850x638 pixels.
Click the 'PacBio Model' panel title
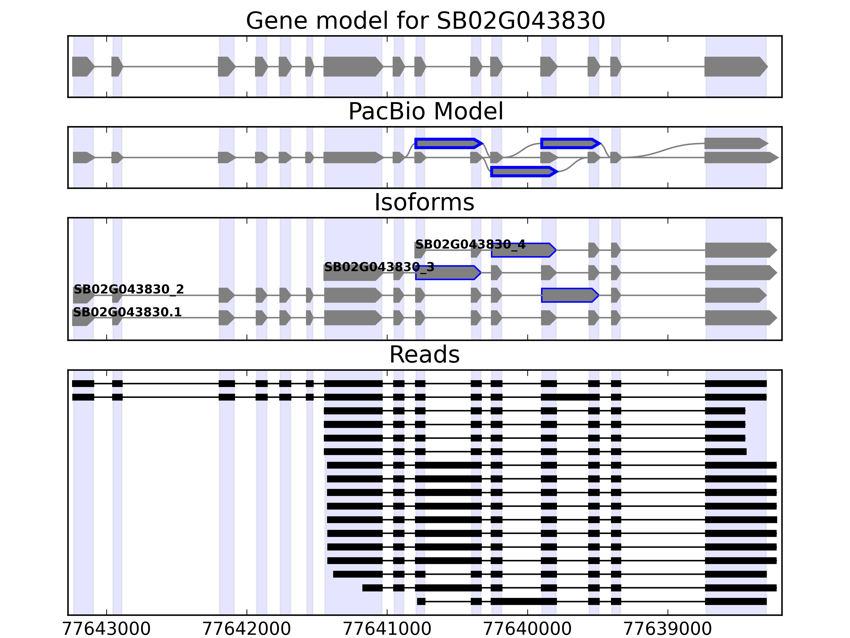click(x=425, y=112)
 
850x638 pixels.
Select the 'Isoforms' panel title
click(x=424, y=202)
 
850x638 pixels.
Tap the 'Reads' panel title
click(x=424, y=355)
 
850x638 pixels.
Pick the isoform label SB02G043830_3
click(x=379, y=267)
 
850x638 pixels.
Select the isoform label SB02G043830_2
click(x=129, y=289)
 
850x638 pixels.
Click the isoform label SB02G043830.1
click(x=127, y=312)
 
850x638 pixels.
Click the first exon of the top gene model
click(x=83, y=66)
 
